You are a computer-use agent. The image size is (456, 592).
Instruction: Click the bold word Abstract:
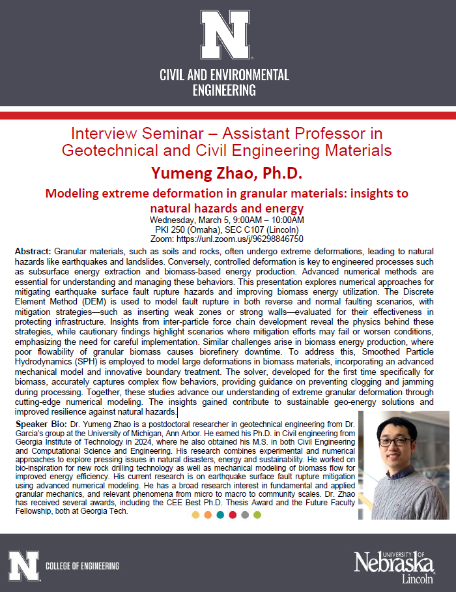(x=33, y=251)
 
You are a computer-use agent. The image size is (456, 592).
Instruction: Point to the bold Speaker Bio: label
(x=38, y=424)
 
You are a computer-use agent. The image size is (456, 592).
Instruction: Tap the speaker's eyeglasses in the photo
(x=399, y=441)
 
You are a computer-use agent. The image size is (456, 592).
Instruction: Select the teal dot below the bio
(x=220, y=515)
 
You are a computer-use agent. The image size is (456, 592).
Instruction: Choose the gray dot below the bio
(x=245, y=515)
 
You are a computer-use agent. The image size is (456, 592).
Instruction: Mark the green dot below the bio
(x=257, y=515)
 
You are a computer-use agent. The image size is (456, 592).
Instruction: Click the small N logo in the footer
(x=23, y=565)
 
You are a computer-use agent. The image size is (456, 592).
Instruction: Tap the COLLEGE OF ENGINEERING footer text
(x=83, y=565)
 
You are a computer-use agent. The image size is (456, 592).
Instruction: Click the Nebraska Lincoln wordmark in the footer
(x=394, y=566)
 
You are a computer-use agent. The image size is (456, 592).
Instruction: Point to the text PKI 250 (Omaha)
(x=192, y=229)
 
